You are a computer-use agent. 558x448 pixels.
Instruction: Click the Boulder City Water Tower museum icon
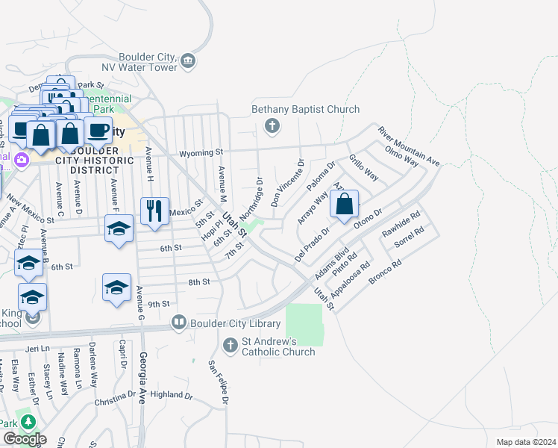188,60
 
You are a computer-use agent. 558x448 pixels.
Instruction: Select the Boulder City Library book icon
179,323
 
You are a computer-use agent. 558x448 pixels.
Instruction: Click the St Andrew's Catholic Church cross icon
230,344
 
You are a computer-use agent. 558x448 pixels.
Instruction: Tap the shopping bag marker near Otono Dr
344,205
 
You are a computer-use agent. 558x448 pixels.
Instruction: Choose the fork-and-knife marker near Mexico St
155,211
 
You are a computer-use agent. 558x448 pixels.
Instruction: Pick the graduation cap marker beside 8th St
117,287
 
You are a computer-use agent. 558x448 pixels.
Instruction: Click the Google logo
24,439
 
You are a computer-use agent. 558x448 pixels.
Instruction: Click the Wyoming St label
200,152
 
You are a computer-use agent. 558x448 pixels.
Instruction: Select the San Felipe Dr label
217,383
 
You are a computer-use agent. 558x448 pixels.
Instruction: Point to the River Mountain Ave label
409,146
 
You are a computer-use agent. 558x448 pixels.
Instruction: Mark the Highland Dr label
171,394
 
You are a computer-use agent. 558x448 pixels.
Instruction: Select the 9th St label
159,305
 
